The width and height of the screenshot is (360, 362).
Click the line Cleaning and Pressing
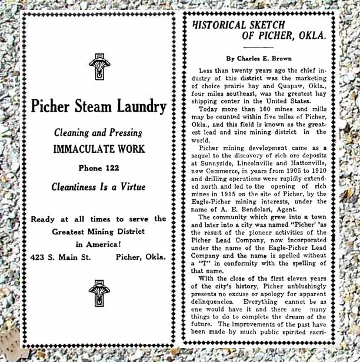coord(98,133)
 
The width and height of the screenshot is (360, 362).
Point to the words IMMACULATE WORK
coord(98,149)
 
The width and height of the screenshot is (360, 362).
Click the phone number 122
coord(111,167)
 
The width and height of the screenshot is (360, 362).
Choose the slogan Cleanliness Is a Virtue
coord(98,187)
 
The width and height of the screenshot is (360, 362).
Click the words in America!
coord(98,244)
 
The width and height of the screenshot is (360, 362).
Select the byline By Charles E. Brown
coord(258,58)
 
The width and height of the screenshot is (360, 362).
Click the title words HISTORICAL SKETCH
coord(239,25)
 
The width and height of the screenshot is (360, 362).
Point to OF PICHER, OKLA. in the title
coord(284,36)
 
